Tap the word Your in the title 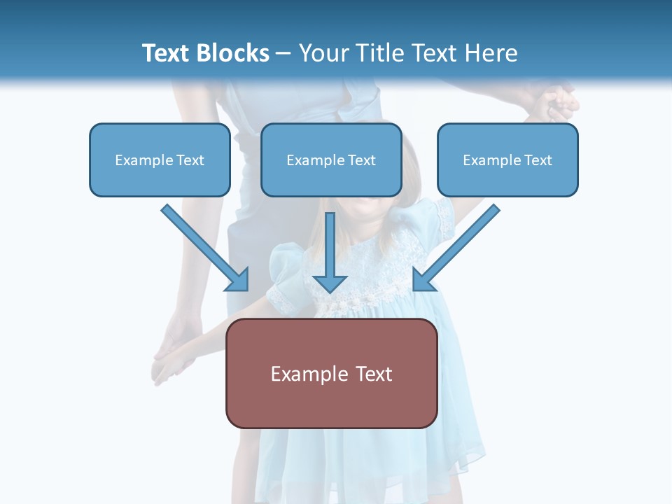coord(323,53)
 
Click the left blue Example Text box coord(160,160)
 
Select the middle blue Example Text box coord(331,160)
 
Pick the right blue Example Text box coord(507,160)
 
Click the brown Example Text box coord(331,373)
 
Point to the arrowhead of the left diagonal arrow coord(238,280)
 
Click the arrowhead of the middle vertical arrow coord(330,283)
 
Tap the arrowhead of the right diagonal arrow coord(423,279)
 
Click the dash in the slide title coord(283,54)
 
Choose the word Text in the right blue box coord(538,160)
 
